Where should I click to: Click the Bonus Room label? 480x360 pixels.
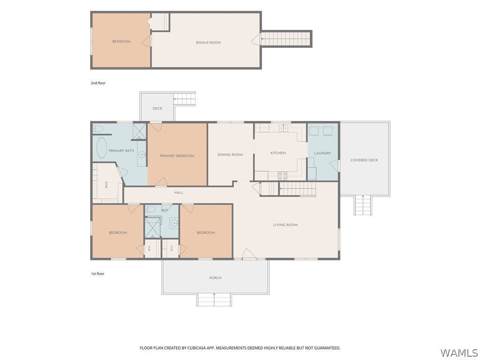tap(208, 43)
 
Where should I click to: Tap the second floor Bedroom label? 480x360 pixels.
tap(121, 42)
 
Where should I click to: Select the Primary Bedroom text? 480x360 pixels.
tap(177, 156)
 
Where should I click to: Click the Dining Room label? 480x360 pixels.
tap(230, 155)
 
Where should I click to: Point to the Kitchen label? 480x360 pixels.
tap(278, 153)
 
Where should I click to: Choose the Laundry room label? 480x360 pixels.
tap(322, 153)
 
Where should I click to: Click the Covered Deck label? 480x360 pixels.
tap(364, 160)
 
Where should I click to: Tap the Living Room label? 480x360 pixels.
tap(285, 225)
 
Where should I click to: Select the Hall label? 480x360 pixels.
tap(179, 193)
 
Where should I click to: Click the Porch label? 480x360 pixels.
tap(215, 278)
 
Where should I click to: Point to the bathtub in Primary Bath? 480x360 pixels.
tap(101, 148)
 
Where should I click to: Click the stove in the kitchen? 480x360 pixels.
tap(282, 176)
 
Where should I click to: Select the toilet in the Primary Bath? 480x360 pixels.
tap(98, 128)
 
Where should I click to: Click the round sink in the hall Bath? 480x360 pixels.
tap(174, 223)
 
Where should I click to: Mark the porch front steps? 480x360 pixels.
tap(214, 300)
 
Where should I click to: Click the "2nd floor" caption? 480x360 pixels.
tap(98, 83)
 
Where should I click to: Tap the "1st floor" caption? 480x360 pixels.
tap(97, 274)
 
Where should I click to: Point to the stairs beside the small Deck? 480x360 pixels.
tap(185, 99)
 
